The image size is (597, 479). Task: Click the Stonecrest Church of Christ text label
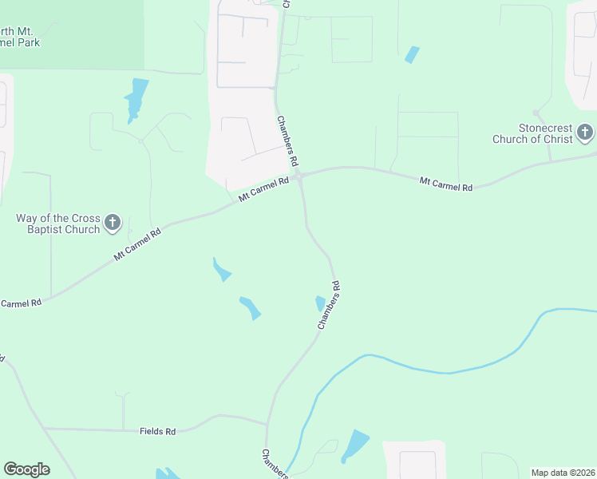pyautogui.click(x=545, y=133)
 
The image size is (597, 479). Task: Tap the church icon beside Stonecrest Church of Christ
pyautogui.click(x=585, y=133)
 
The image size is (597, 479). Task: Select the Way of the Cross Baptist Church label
pyautogui.click(x=58, y=224)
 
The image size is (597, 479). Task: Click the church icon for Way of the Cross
pyautogui.click(x=113, y=223)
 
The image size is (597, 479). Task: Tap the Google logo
pyautogui.click(x=26, y=469)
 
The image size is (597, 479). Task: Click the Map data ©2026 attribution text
pyautogui.click(x=563, y=473)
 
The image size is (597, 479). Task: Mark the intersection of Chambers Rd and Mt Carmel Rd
pyautogui.click(x=301, y=178)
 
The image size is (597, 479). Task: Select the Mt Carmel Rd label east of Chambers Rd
pyautogui.click(x=446, y=184)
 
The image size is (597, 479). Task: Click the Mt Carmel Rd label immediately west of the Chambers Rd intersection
pyautogui.click(x=263, y=189)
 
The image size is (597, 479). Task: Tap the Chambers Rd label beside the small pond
pyautogui.click(x=329, y=305)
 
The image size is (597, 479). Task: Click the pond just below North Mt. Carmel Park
pyautogui.click(x=136, y=98)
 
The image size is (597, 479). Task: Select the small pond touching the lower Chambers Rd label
pyautogui.click(x=320, y=303)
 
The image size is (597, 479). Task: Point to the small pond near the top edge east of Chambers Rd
pyautogui.click(x=412, y=54)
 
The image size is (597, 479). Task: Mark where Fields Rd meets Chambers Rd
pyautogui.click(x=267, y=423)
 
